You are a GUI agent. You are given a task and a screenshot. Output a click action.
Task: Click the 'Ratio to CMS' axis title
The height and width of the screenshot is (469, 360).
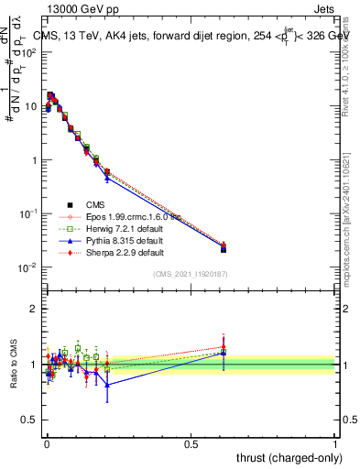(14, 364)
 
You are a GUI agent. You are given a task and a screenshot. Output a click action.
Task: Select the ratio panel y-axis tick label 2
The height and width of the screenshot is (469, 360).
(34, 309)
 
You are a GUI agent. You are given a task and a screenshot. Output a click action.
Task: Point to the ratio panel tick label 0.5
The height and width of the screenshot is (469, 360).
(30, 420)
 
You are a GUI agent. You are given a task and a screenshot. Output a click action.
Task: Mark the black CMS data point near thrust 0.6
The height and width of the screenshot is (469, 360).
(224, 248)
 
